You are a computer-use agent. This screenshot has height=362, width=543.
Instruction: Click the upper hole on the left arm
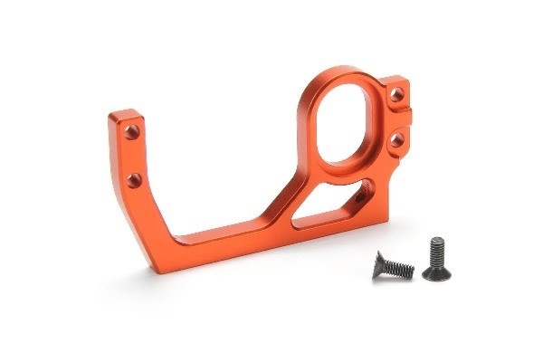point(132,132)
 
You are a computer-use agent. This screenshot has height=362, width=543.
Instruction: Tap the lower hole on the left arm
point(134,179)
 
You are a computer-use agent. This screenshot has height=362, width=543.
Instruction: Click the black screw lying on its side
point(393,265)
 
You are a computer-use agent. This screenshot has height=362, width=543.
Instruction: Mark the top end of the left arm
point(125,115)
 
